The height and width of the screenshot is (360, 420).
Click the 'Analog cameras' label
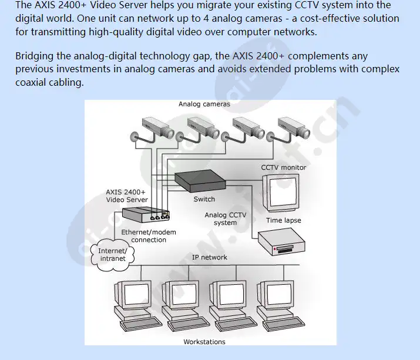click(x=204, y=104)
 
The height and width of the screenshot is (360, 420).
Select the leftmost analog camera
click(x=154, y=126)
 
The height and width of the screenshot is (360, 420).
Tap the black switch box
click(x=200, y=180)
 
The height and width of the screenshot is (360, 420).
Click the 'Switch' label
click(x=204, y=199)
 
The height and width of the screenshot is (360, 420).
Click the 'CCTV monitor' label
click(x=284, y=167)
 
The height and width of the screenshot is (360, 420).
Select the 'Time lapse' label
click(x=283, y=220)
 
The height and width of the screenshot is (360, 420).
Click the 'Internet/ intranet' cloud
click(x=112, y=255)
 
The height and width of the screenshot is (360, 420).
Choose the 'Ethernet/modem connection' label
click(x=149, y=236)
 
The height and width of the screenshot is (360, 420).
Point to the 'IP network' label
click(x=210, y=258)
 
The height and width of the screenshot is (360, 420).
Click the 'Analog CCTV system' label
click(x=225, y=219)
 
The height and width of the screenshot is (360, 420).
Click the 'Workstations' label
click(x=204, y=342)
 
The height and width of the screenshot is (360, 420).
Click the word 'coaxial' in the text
click(x=33, y=83)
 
